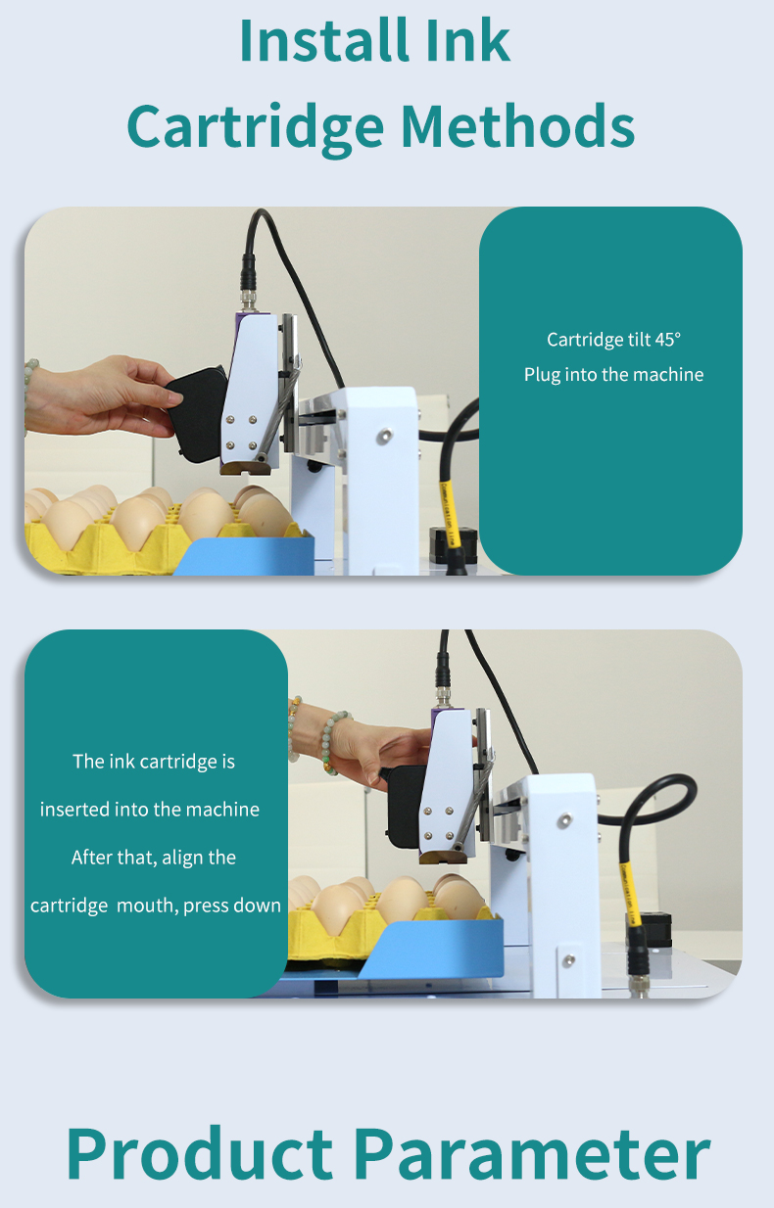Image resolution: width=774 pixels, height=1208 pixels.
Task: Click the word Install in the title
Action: pyautogui.click(x=323, y=40)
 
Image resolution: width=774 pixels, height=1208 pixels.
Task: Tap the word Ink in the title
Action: pyautogui.click(x=467, y=40)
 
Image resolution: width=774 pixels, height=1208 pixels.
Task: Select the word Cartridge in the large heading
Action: pyautogui.click(x=256, y=128)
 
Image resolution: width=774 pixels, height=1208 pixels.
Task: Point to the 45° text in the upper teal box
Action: pyautogui.click(x=667, y=340)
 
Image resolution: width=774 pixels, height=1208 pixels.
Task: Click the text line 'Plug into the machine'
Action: pyautogui.click(x=613, y=374)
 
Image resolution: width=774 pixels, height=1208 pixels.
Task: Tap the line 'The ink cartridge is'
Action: pyautogui.click(x=154, y=762)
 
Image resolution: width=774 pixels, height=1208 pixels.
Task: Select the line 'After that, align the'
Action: pyautogui.click(x=154, y=858)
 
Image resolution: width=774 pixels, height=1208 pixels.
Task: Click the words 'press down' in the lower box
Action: pyautogui.click(x=232, y=906)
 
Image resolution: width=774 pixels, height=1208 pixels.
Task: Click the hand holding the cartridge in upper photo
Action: pyautogui.click(x=100, y=396)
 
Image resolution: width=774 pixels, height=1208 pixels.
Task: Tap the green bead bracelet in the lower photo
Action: pyautogui.click(x=330, y=742)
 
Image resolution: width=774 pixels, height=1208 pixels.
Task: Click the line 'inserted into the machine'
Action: pyautogui.click(x=150, y=810)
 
